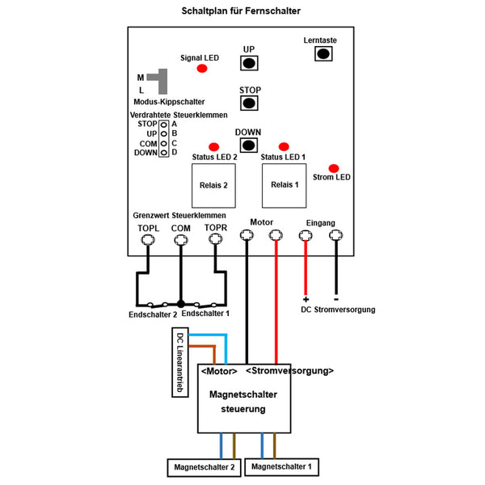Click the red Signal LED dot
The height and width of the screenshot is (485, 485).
coord(202,69)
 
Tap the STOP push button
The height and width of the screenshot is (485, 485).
coord(249,103)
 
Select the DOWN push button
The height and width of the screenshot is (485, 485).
coord(249,145)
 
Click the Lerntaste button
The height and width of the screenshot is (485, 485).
coord(323,54)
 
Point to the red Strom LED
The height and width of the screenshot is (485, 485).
coord(333,169)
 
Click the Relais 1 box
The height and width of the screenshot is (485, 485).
coord(284,186)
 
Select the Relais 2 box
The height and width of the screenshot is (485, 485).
coord(213,186)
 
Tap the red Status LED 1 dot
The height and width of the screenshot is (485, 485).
coord(284,146)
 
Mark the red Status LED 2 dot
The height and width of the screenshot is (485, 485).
coord(213,147)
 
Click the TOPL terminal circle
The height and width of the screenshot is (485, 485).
coord(148,240)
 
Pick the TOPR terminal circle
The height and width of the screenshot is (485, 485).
coord(215,238)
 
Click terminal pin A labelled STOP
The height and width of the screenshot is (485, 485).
coord(163,125)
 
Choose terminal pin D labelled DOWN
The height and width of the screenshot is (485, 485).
coord(163,153)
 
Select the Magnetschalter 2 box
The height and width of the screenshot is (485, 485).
coord(205,467)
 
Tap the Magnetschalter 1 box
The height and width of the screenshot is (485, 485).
coord(281,466)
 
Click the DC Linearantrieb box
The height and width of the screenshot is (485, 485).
coord(180,362)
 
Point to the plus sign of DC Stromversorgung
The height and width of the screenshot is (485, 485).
coord(306,299)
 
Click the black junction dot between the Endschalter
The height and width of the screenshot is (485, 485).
coord(181,304)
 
